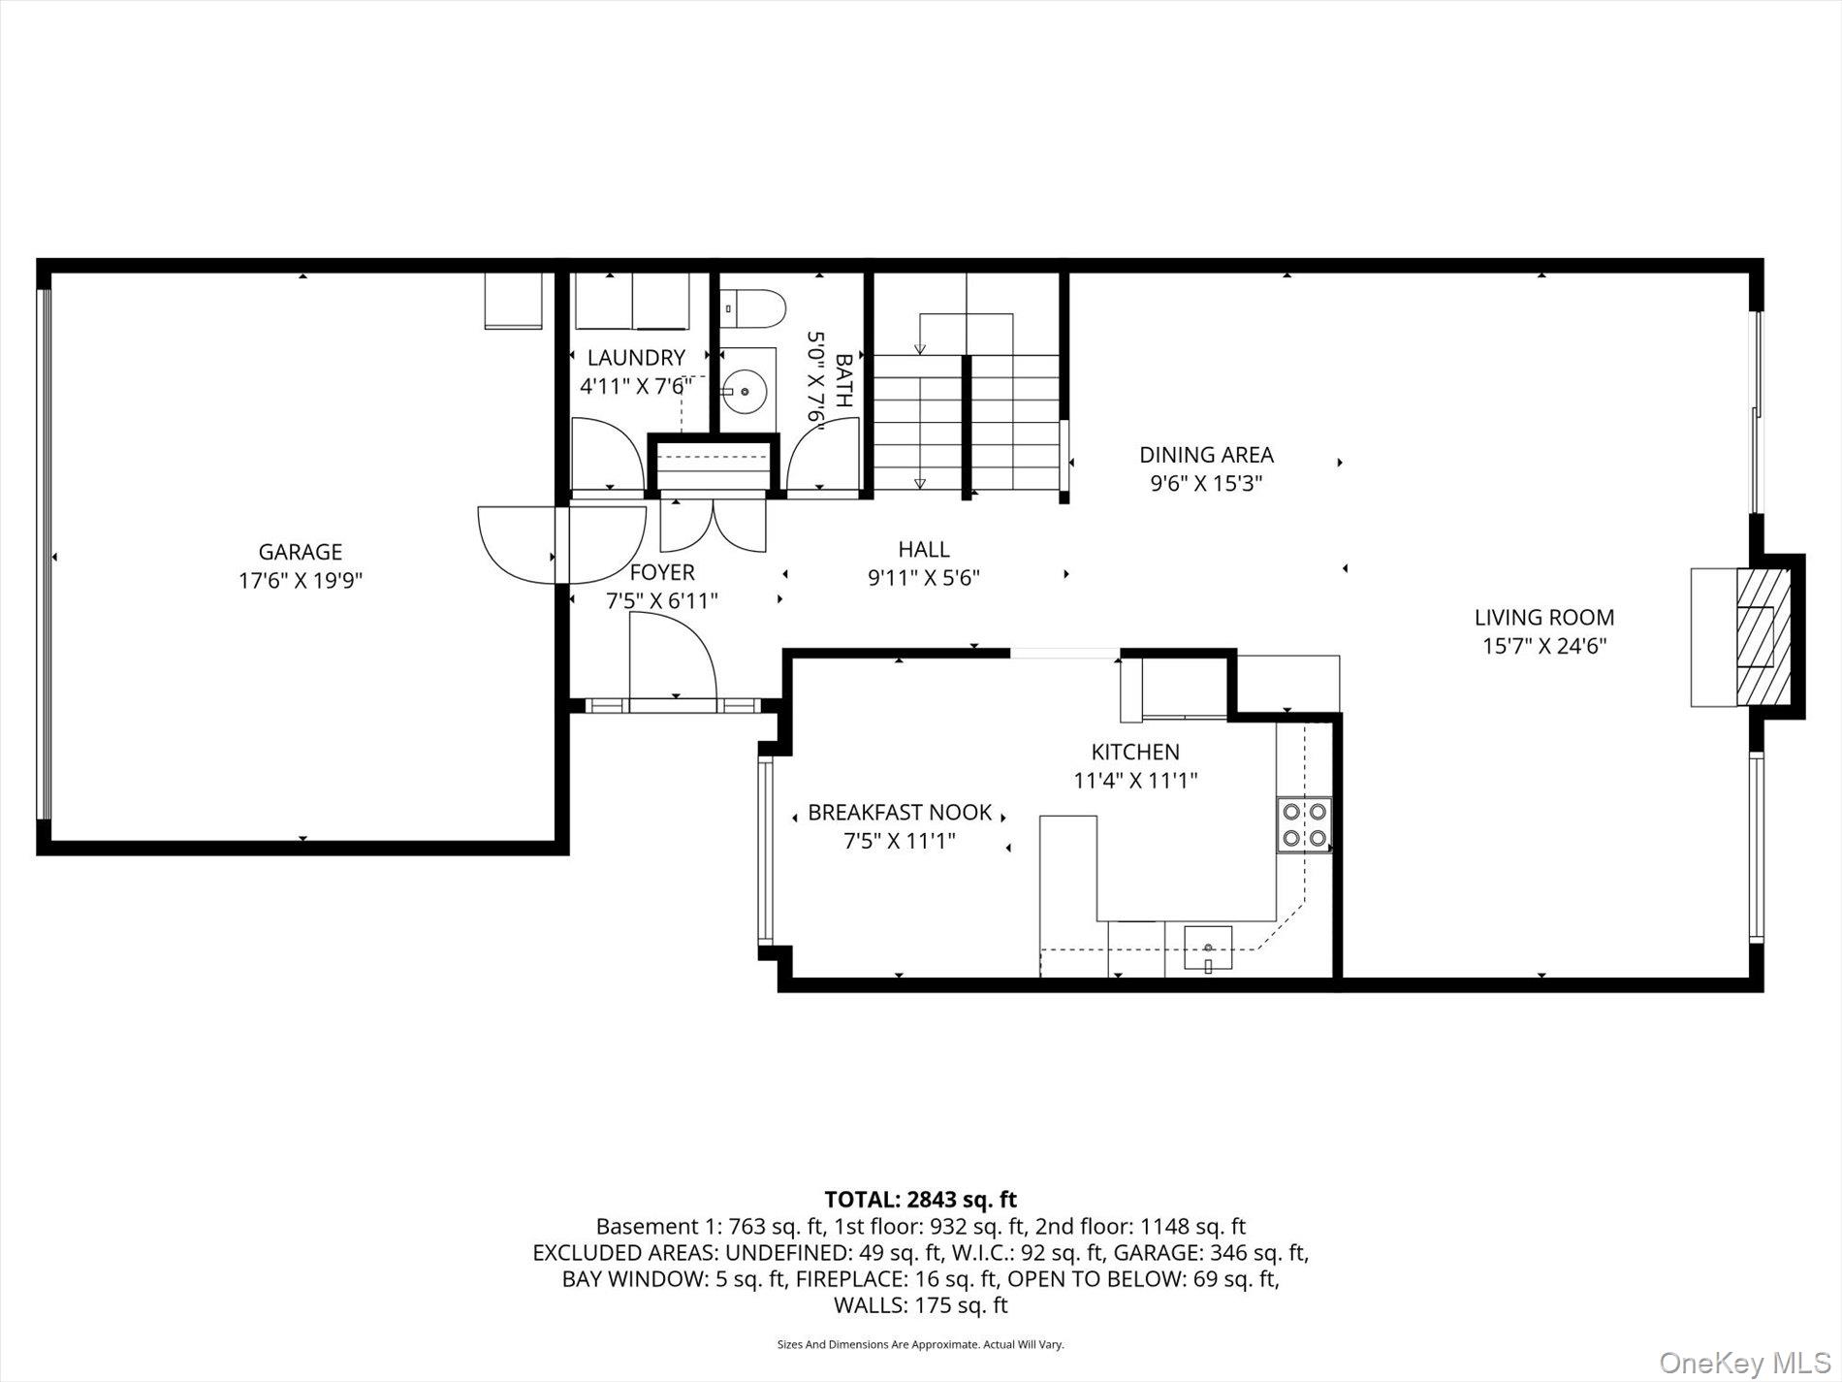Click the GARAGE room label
point(300,552)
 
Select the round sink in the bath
point(746,392)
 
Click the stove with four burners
point(1304,824)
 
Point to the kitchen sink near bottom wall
point(1207,949)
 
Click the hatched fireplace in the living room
point(1763,637)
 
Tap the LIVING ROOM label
point(1543,617)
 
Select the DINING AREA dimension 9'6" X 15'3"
point(1205,483)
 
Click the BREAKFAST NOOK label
point(900,813)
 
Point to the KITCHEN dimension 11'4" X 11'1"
point(1135,780)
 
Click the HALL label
point(923,550)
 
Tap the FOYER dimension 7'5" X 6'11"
point(661,601)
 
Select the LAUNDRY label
point(635,358)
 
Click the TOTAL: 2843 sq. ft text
point(920,1200)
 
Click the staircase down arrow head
point(919,482)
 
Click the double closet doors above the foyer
point(713,525)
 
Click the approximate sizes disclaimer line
point(920,1344)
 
